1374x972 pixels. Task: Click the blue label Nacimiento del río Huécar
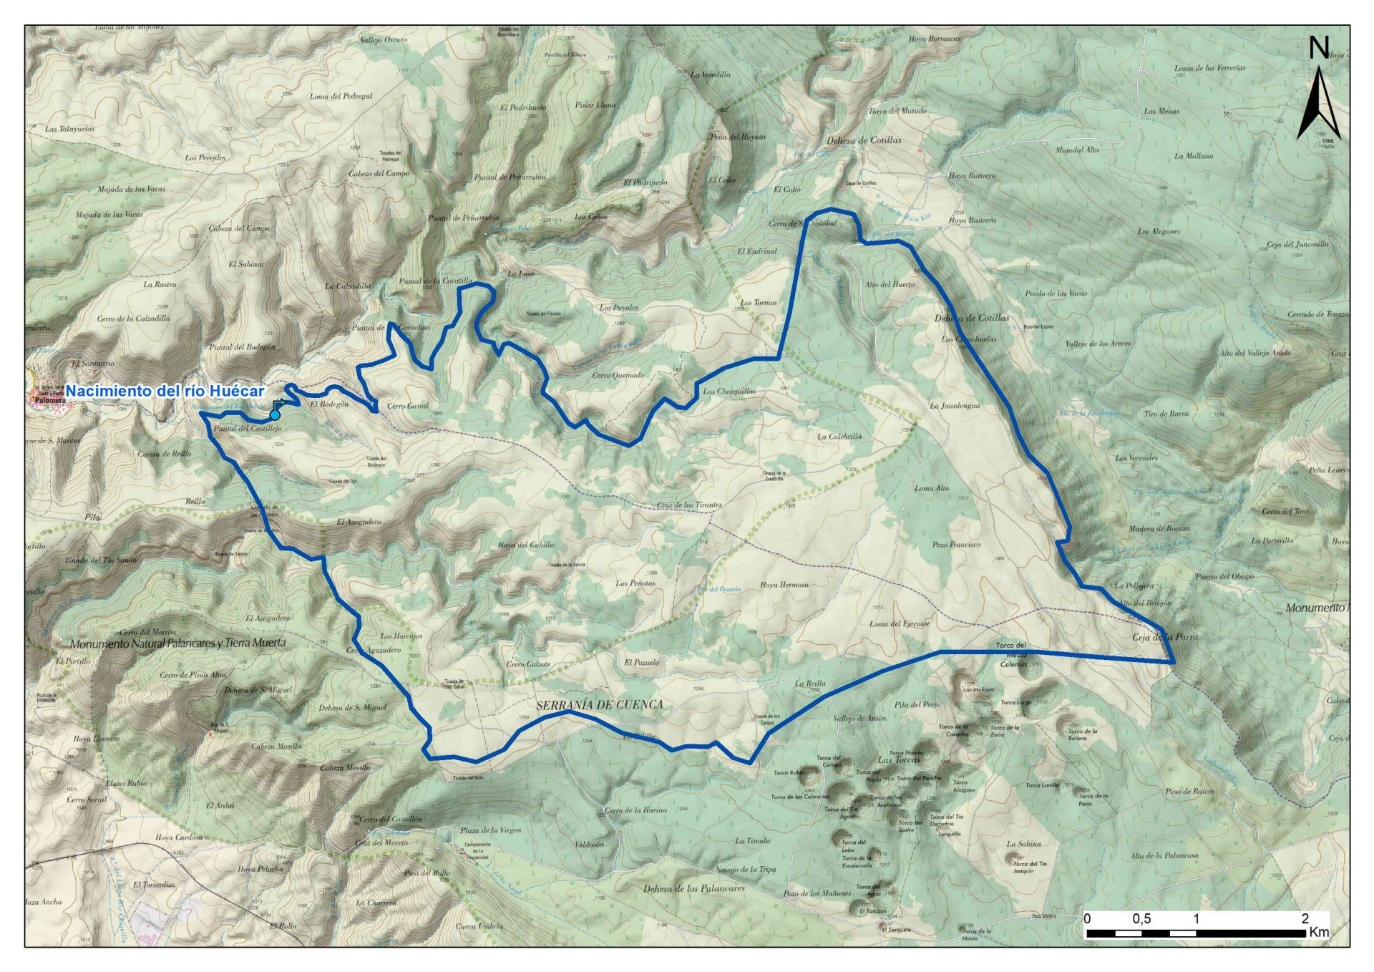(x=165, y=392)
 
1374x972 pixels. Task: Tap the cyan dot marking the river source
(x=275, y=414)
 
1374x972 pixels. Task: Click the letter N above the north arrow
(x=1318, y=48)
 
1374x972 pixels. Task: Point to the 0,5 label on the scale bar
(x=1141, y=919)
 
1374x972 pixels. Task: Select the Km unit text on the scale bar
(x=1319, y=933)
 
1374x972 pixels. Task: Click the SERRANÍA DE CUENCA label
(x=600, y=705)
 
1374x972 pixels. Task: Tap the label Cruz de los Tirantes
(x=689, y=505)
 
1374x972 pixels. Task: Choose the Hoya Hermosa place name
(x=784, y=585)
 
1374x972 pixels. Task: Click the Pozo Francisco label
(x=956, y=545)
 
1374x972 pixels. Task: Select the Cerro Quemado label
(x=618, y=375)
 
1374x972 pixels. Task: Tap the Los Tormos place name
(x=759, y=303)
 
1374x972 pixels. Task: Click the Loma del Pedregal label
(x=341, y=96)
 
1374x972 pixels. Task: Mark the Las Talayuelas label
(x=69, y=130)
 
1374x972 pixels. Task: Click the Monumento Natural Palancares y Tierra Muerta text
(x=177, y=643)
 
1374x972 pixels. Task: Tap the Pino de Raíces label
(x=1189, y=792)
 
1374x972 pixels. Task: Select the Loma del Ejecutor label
(x=900, y=623)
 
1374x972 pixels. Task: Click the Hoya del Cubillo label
(x=526, y=545)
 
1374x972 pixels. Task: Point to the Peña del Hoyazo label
(x=737, y=137)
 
